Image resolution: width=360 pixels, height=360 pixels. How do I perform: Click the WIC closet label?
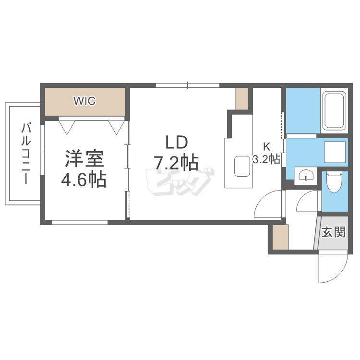coord(84,101)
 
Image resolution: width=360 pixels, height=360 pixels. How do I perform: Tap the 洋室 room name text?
coord(84,159)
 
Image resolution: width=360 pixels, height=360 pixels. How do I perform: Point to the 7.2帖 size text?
coord(176,163)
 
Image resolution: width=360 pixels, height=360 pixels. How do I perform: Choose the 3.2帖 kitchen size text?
coord(266,159)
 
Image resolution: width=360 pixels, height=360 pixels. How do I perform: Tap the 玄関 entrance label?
coord(333,233)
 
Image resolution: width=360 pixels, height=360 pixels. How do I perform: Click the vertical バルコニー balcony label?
coord(26,154)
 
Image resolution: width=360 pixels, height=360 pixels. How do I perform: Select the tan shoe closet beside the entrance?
coord(280,237)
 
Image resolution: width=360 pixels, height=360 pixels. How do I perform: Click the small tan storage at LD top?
coord(241,99)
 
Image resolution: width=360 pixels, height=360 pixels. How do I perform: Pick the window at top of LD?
coord(188,85)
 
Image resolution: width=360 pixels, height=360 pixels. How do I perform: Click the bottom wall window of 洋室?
coord(80,222)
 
